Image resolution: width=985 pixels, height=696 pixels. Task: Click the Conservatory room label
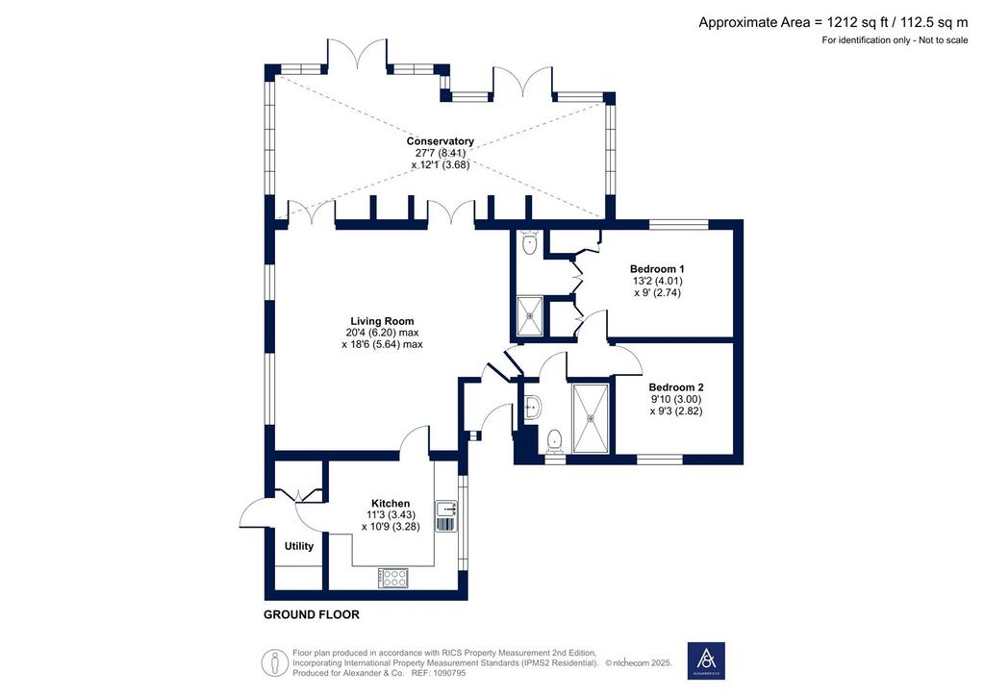[440, 141]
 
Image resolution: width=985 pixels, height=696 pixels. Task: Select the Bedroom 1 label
[657, 269]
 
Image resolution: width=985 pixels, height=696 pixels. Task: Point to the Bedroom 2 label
[676, 387]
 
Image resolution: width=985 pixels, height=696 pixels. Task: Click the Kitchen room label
[391, 504]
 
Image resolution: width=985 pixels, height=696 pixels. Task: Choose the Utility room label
[299, 546]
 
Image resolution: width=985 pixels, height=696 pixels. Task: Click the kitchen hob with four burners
[393, 578]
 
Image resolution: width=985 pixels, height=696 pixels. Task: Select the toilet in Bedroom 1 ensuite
[530, 243]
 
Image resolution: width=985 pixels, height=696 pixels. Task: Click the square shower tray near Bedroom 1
[529, 316]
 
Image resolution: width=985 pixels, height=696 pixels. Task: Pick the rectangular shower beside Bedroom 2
[591, 417]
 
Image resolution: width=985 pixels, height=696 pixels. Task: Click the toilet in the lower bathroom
[554, 440]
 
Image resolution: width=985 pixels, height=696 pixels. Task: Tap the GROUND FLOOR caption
[312, 615]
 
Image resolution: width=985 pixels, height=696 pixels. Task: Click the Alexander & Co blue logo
[706, 660]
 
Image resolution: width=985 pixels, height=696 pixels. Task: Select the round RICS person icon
[274, 662]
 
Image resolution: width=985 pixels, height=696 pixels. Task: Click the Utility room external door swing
[254, 509]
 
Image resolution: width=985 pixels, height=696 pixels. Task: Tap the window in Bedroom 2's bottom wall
[660, 460]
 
